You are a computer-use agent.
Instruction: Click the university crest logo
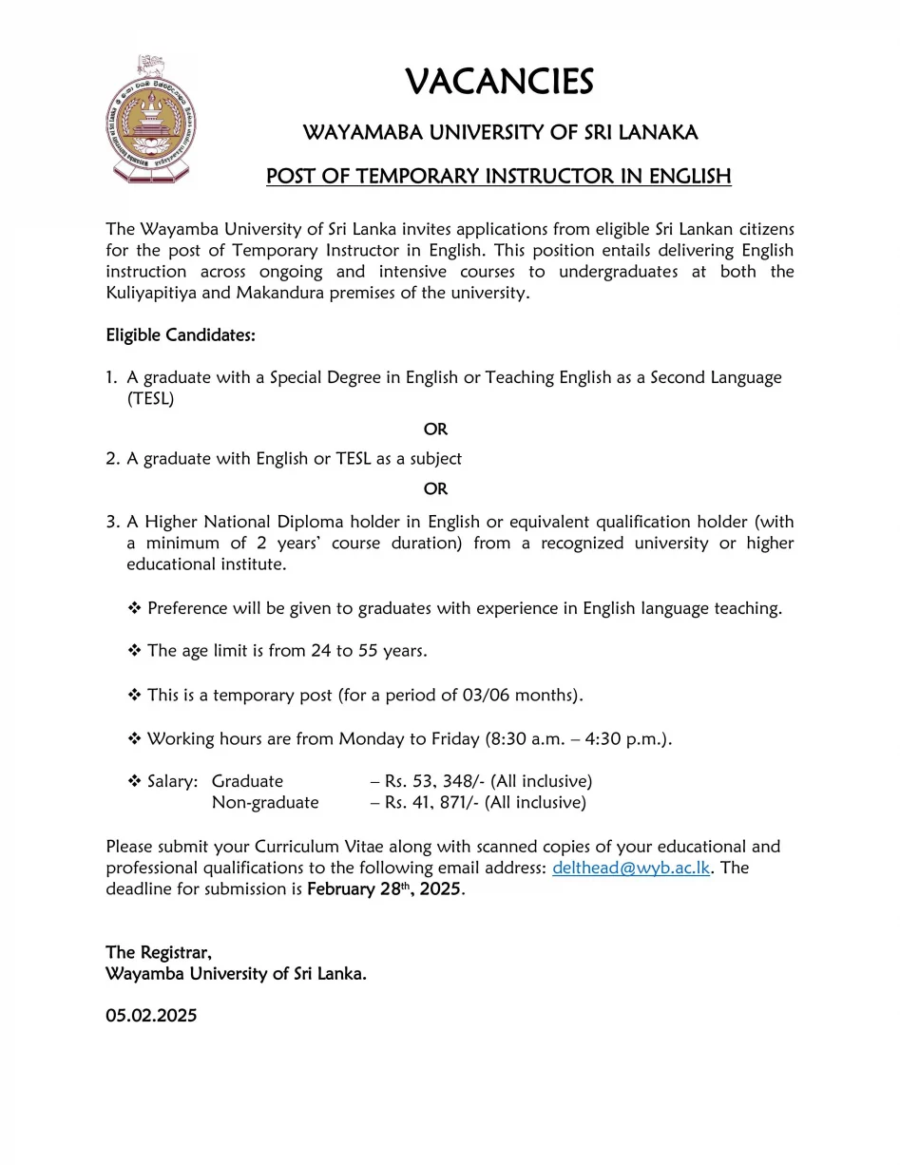(x=152, y=120)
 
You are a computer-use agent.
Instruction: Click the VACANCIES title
(x=499, y=82)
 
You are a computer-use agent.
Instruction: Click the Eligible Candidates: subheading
(x=181, y=335)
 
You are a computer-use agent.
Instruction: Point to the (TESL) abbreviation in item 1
(x=150, y=399)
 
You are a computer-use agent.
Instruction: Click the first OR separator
(x=435, y=429)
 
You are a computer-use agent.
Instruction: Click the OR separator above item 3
(x=435, y=488)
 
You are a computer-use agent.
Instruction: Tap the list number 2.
(x=112, y=459)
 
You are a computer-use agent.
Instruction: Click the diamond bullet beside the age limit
(x=134, y=652)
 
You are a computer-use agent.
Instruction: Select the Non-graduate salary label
(x=265, y=803)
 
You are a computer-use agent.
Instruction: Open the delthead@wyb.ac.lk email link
(x=631, y=868)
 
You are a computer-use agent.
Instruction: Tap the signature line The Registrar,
(x=158, y=953)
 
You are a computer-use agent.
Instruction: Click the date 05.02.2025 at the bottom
(x=151, y=1016)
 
